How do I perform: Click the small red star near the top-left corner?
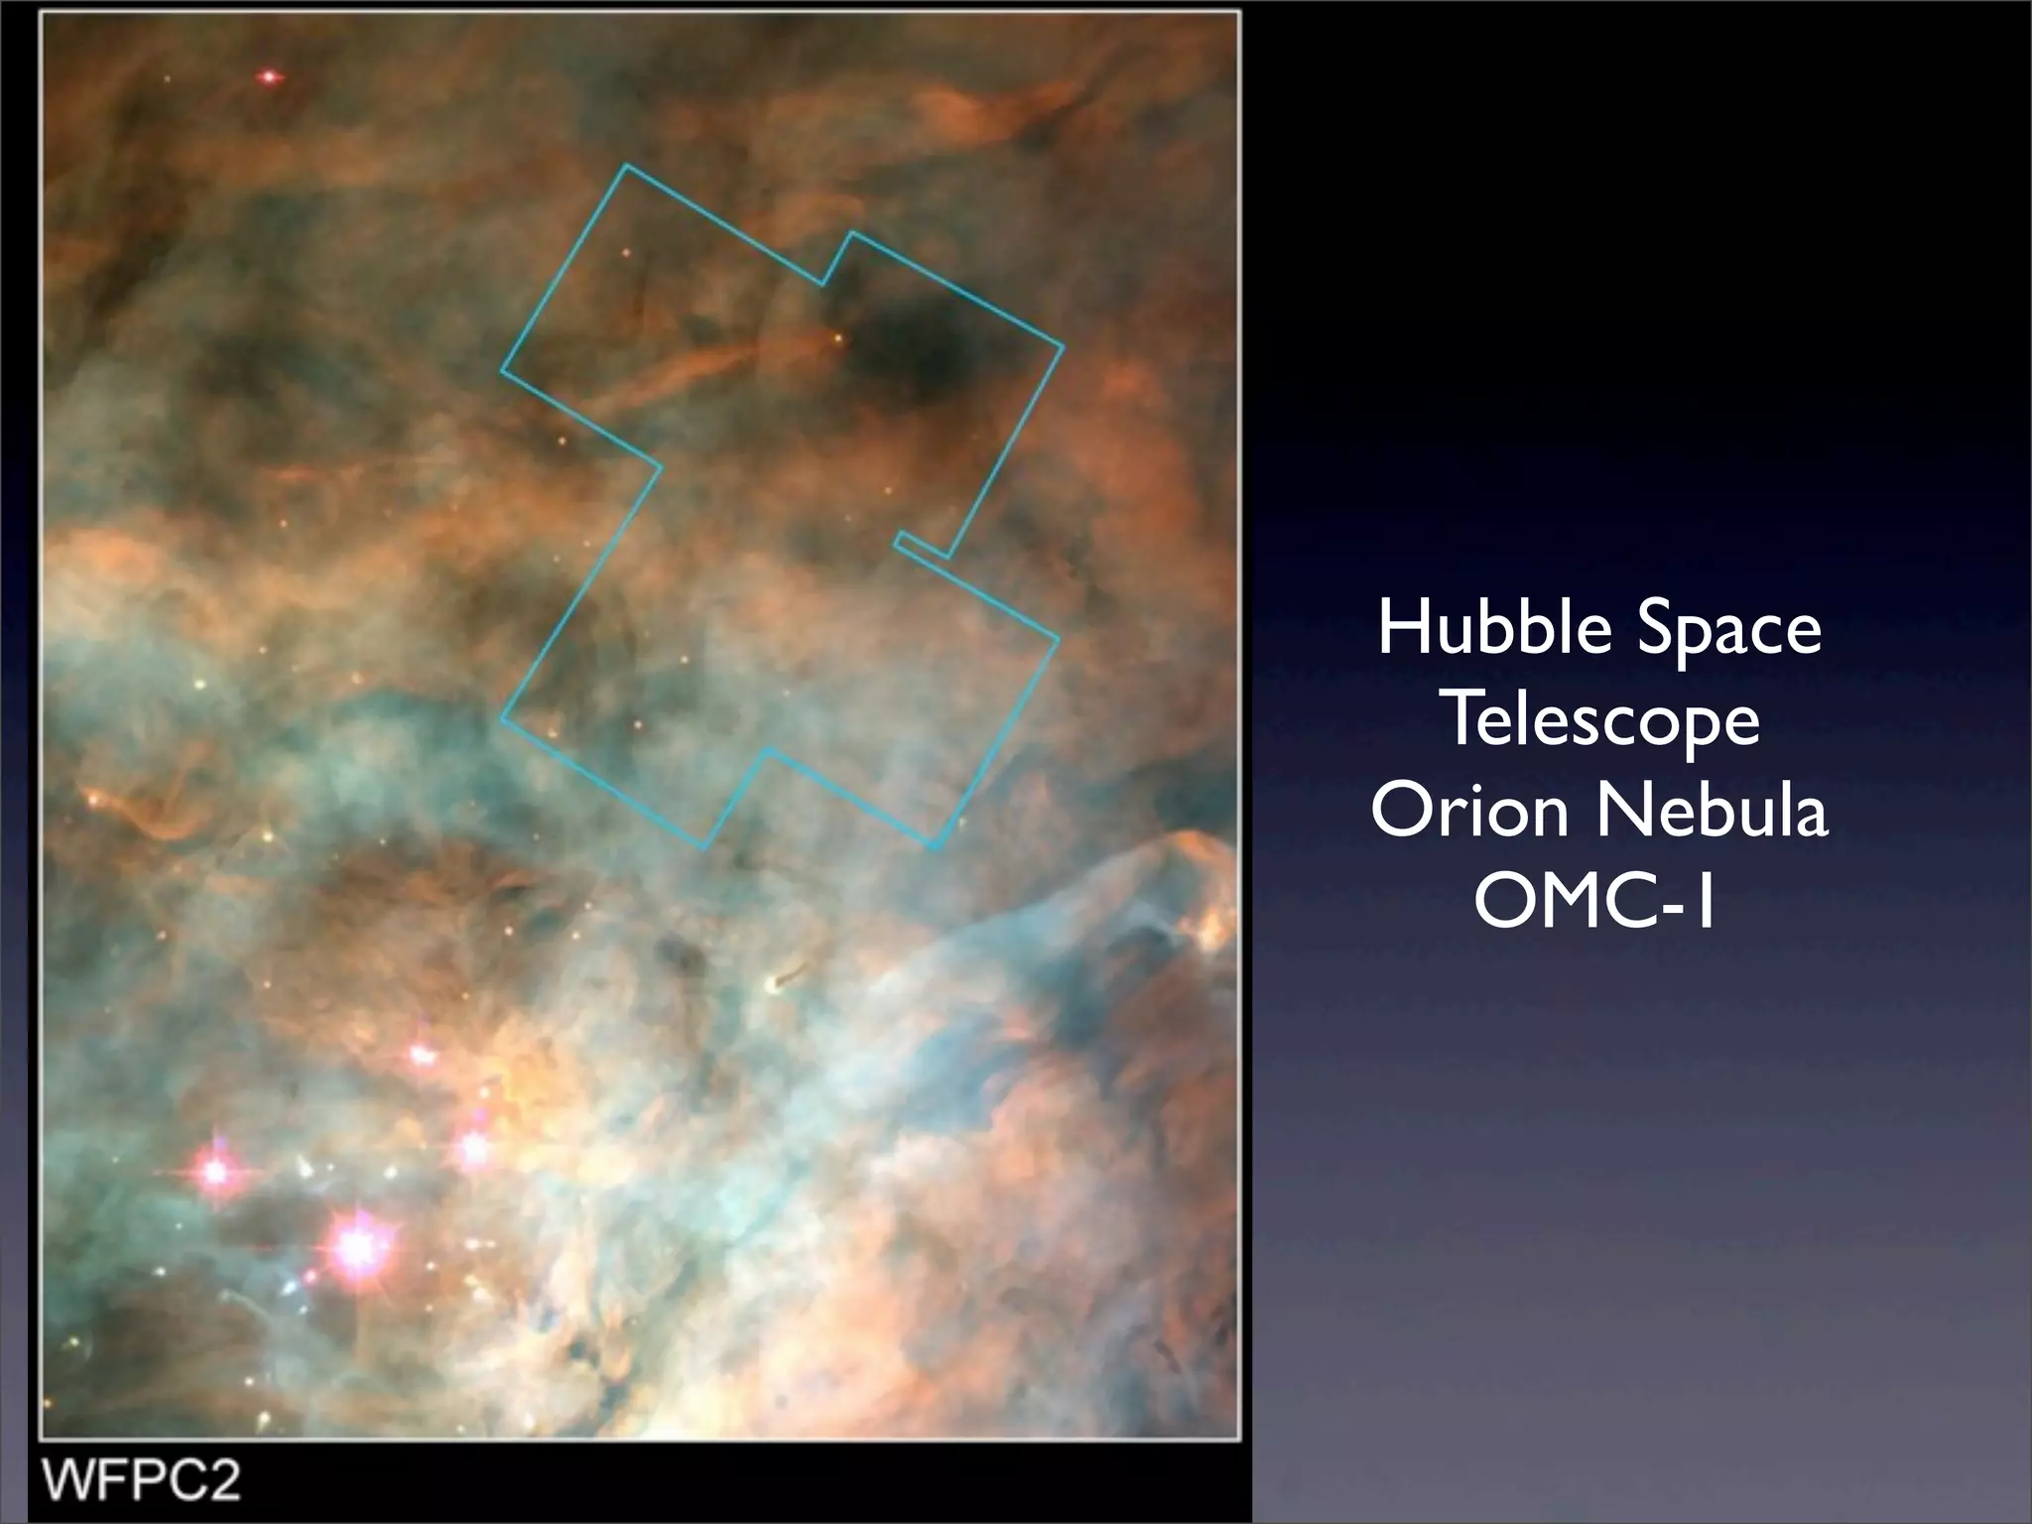tap(268, 76)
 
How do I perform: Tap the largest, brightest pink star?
tap(355, 1247)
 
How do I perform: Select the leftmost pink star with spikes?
tap(214, 1172)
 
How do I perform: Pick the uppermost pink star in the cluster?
tap(424, 1055)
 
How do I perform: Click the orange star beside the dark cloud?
tap(838, 338)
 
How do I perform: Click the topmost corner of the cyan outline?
tap(625, 165)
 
